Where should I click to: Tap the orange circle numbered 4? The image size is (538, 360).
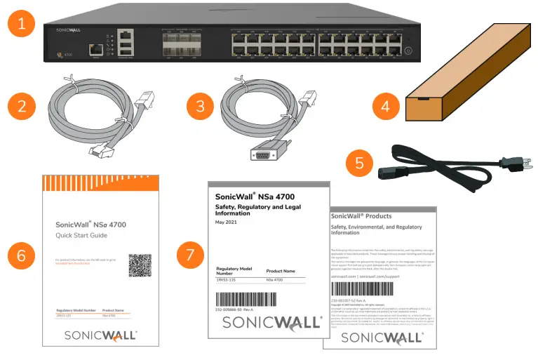[x=386, y=107]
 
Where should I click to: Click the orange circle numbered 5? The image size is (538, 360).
[x=360, y=163]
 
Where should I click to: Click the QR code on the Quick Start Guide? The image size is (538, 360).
[x=140, y=265]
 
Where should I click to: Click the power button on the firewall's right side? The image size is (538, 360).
[x=409, y=51]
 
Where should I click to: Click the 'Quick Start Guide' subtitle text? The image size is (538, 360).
[x=83, y=235]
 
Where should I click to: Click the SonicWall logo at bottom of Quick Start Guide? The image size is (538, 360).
[x=100, y=335]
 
